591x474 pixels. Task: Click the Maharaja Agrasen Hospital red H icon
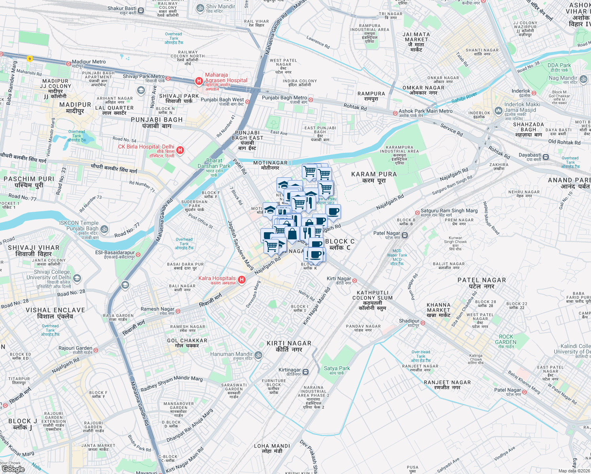point(199,81)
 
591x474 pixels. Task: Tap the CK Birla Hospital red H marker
point(180,150)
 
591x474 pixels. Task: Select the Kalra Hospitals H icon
point(242,280)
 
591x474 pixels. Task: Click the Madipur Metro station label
point(88,62)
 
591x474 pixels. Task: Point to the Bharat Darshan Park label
point(214,164)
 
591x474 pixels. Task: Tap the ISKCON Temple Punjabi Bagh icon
point(104,229)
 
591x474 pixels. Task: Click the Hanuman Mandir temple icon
point(258,355)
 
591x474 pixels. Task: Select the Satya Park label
point(337,369)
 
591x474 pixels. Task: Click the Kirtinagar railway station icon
point(306,372)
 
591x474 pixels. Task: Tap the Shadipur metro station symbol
point(423,323)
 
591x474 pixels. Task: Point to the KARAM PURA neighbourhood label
point(374,174)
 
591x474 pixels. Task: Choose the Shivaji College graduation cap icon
point(77,278)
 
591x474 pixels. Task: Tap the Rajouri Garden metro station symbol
point(96,350)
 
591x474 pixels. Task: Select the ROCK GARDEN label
point(506,339)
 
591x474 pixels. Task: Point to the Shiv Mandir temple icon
point(200,8)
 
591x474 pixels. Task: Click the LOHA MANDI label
point(272,446)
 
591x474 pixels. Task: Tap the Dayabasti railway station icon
point(546,157)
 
